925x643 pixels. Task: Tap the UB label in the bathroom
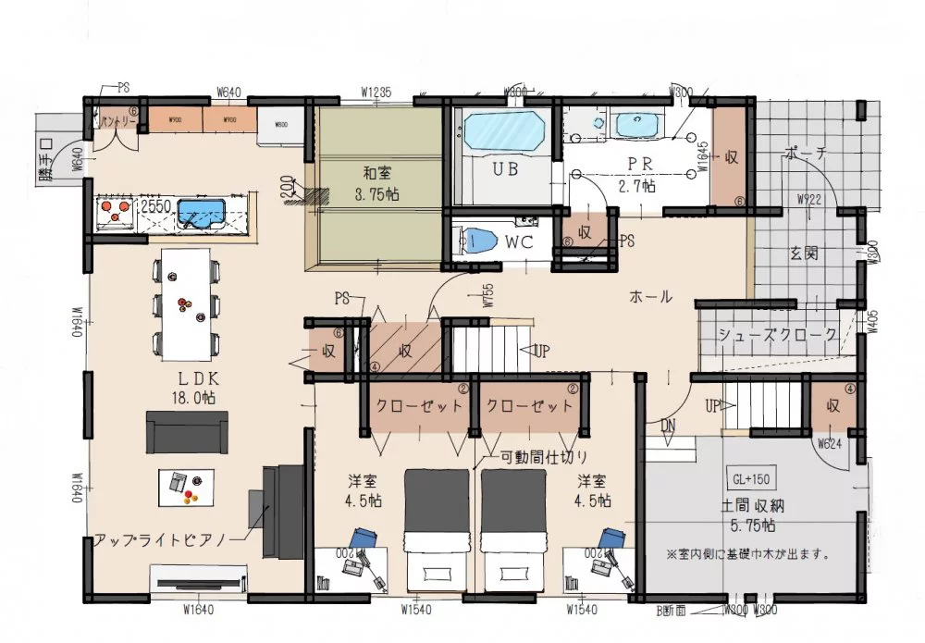504,170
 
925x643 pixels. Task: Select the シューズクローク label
779,334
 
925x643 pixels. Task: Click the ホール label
650,297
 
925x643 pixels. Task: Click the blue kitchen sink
203,214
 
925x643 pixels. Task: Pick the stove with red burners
115,213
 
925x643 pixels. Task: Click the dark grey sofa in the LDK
187,432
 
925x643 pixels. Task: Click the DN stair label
668,424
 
